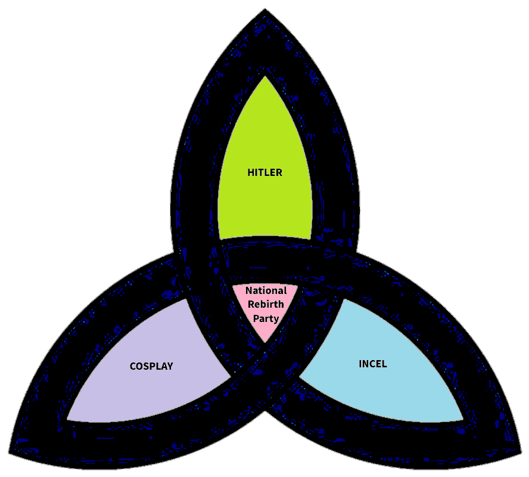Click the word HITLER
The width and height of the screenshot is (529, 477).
[264, 173]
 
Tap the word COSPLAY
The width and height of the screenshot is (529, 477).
[151, 366]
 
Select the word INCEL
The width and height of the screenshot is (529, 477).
[373, 364]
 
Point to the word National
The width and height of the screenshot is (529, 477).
[266, 291]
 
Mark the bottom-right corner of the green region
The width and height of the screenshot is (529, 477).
[311, 238]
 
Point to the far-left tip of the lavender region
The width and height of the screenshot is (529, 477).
[67, 419]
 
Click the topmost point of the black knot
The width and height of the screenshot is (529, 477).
[264, 11]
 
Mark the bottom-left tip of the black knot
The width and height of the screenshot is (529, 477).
[10, 451]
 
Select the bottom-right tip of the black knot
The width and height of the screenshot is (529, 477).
[519, 451]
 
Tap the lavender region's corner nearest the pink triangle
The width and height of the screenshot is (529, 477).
[230, 377]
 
